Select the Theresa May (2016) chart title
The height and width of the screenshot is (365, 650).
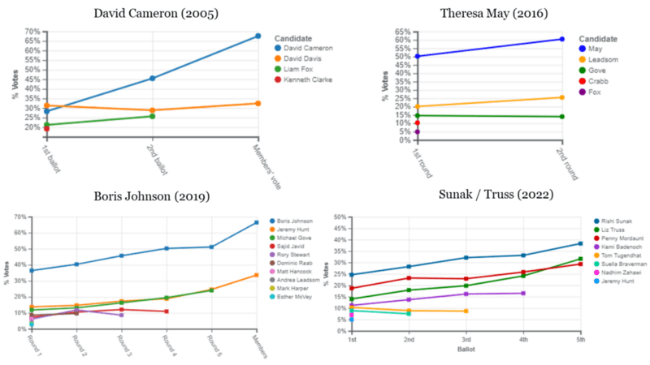click(493, 14)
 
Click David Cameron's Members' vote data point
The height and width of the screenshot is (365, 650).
click(258, 36)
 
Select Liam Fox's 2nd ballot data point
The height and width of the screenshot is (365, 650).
click(152, 116)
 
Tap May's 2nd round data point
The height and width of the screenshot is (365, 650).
click(561, 39)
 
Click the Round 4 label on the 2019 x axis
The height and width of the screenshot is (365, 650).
click(166, 342)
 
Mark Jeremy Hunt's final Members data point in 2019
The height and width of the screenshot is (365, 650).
click(256, 275)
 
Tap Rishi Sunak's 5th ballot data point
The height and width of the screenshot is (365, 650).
click(580, 243)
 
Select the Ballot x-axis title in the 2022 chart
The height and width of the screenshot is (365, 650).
click(466, 351)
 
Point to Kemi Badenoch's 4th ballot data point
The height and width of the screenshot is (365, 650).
click(523, 293)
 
